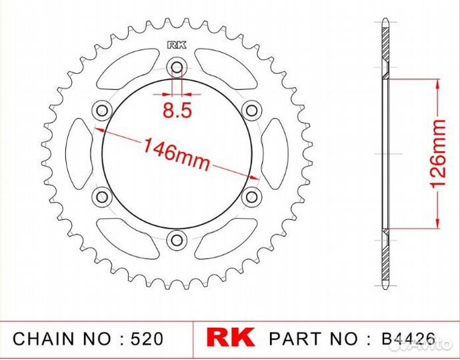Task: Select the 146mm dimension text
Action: (x=173, y=153)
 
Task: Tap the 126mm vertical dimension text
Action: (x=438, y=154)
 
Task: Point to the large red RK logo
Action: (x=231, y=338)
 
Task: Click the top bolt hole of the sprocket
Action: (x=177, y=67)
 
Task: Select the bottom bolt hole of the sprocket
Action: (x=177, y=239)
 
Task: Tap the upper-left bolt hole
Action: (x=102, y=110)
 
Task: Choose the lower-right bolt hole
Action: (x=251, y=196)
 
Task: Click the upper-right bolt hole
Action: (x=251, y=110)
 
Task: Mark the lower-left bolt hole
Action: (x=102, y=196)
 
